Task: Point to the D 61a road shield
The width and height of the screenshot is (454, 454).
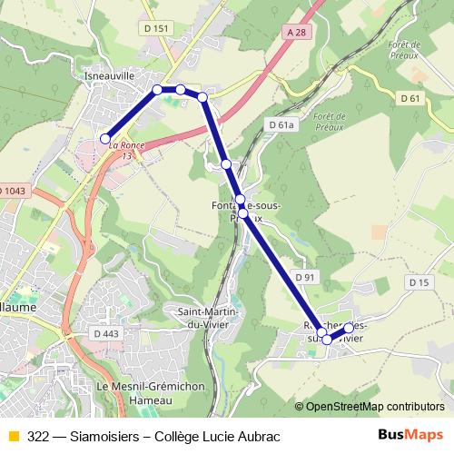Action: coord(281,124)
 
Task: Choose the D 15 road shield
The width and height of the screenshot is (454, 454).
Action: coord(419,283)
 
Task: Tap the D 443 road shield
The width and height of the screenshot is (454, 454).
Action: coord(106,333)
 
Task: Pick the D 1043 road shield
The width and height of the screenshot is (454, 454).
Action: coord(12,190)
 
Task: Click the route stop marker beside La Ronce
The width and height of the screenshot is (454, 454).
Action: coord(105,138)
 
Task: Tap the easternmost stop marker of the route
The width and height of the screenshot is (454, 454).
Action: coord(349,327)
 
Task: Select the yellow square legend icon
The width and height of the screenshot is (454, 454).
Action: coord(13,436)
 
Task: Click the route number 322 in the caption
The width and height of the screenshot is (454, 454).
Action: coord(38,436)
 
